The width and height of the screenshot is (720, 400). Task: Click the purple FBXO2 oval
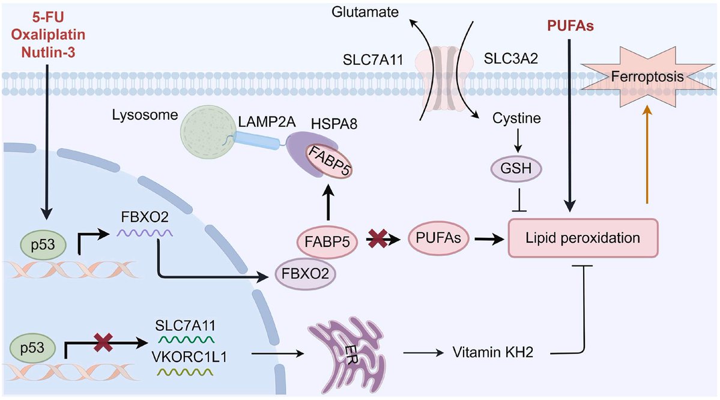(304, 274)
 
